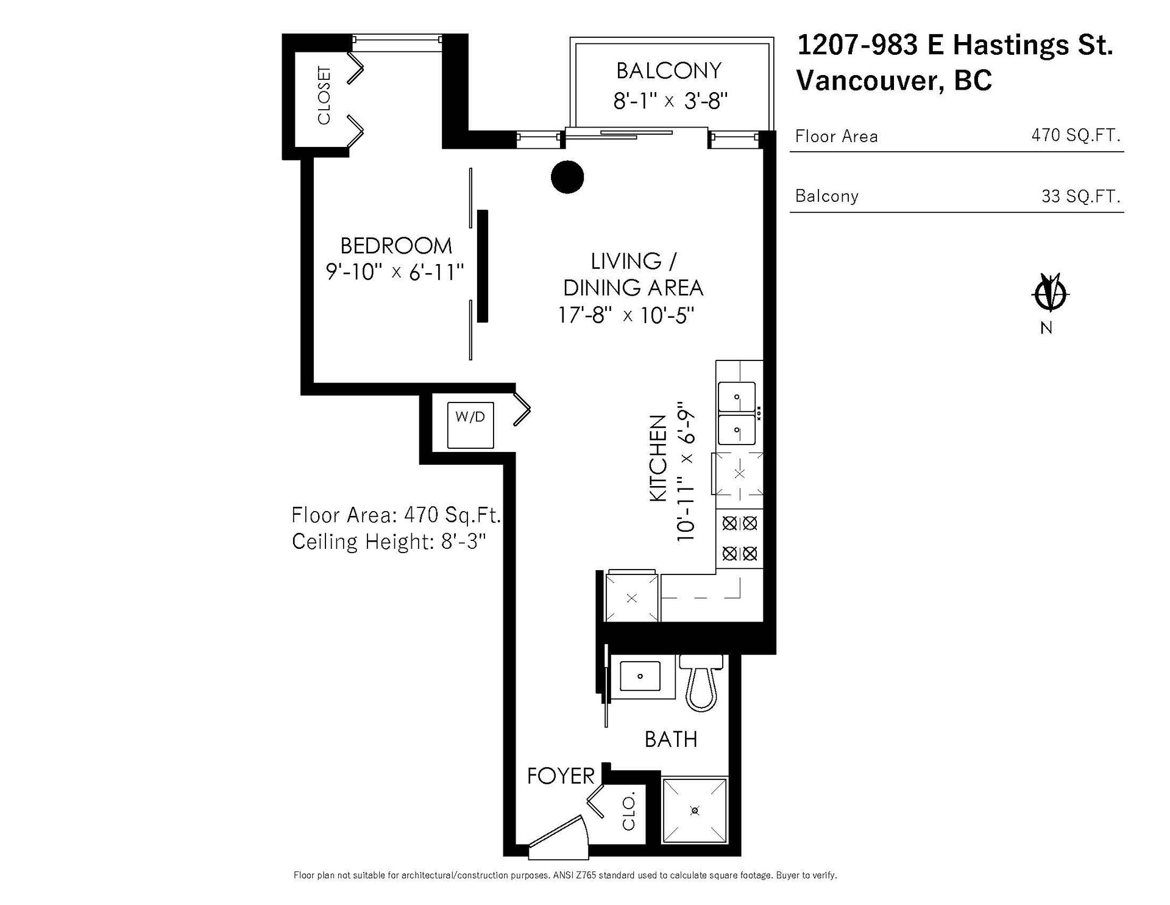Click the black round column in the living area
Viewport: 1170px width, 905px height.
(x=567, y=177)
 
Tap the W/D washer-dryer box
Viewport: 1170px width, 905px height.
(x=470, y=425)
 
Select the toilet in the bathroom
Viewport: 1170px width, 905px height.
(x=701, y=683)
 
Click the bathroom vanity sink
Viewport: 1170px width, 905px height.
(x=640, y=676)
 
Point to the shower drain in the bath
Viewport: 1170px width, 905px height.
(x=695, y=810)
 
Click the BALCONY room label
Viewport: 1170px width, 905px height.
(x=668, y=71)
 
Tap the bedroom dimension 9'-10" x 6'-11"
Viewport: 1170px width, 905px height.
(x=395, y=272)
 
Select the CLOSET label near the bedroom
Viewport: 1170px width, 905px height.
(x=324, y=95)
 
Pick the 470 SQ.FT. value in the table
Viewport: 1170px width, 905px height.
(x=1076, y=135)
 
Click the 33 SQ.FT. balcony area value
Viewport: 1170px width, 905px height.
(x=1081, y=196)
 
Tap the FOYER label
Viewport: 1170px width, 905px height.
(x=561, y=776)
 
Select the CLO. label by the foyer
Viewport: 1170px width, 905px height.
(x=628, y=810)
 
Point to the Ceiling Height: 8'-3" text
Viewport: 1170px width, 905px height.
(x=389, y=542)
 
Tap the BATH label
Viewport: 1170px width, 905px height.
(x=671, y=739)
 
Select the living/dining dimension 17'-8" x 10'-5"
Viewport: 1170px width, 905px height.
(x=626, y=315)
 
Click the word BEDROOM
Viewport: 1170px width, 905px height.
(x=396, y=246)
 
